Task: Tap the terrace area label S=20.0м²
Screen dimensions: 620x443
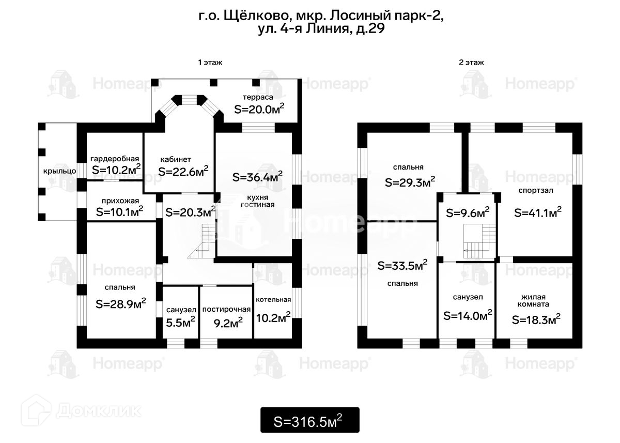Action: click(259, 109)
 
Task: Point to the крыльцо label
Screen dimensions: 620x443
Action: click(59, 171)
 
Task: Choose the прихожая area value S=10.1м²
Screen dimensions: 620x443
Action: click(119, 211)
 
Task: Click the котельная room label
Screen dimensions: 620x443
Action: click(273, 300)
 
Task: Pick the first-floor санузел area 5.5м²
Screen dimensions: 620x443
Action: click(180, 322)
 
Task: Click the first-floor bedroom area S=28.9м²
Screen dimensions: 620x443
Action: click(121, 304)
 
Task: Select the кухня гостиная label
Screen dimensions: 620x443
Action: click(257, 201)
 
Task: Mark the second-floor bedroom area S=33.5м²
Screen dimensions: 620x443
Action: click(402, 265)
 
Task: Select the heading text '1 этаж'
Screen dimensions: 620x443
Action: click(210, 63)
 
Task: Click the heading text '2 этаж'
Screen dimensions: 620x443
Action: click(471, 63)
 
